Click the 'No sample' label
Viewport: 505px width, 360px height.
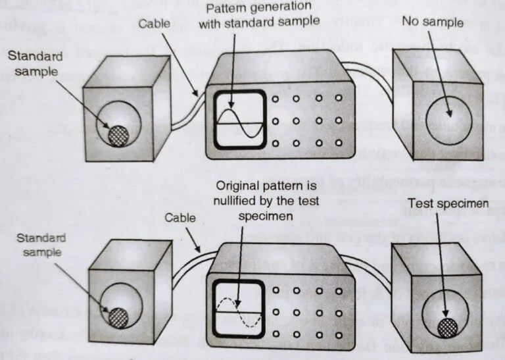point(432,23)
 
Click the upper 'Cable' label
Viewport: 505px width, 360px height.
point(155,24)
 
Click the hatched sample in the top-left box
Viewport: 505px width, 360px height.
point(119,136)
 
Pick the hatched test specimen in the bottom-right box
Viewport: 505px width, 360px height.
point(450,327)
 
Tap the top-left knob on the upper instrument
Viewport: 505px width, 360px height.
point(276,99)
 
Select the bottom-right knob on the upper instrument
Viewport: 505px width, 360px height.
point(339,143)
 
